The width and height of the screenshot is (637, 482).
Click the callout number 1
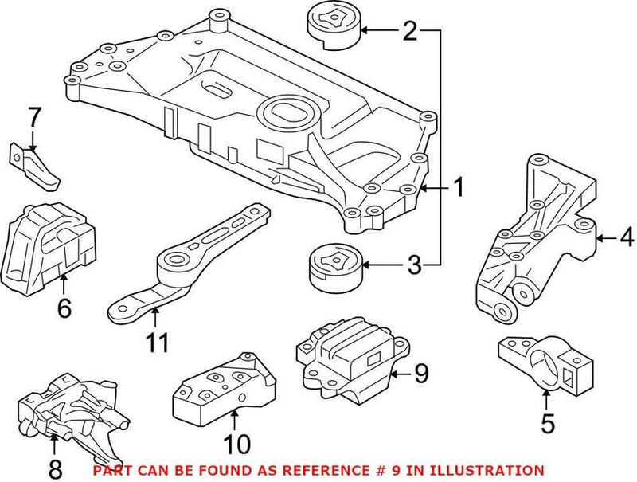pos(459,188)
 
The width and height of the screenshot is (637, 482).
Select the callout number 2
pos(409,32)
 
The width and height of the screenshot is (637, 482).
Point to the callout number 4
pos(627,237)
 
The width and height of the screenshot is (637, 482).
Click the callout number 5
pos(546,424)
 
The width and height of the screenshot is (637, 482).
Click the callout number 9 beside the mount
pos(422,372)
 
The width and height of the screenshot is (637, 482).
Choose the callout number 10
pos(237,443)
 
